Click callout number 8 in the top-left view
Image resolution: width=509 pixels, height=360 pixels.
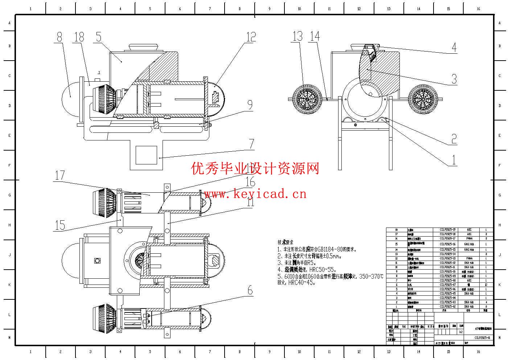(x=59, y=37)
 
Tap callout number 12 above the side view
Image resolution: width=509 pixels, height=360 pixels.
(x=251, y=37)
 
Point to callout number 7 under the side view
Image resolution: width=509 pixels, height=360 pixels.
(x=251, y=144)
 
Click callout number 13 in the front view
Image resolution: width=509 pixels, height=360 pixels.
(x=297, y=36)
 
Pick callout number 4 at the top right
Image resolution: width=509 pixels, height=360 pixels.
(x=453, y=47)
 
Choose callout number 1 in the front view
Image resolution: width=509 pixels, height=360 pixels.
(x=453, y=160)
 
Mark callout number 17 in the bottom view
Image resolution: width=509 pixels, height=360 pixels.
(x=59, y=175)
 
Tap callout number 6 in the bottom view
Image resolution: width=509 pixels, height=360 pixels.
(x=250, y=290)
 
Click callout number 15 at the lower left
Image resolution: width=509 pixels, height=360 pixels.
(x=59, y=225)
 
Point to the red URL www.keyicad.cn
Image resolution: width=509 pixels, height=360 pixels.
(x=255, y=194)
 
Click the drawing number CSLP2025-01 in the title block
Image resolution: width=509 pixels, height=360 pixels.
(x=482, y=337)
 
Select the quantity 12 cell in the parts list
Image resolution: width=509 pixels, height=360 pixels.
(x=486, y=285)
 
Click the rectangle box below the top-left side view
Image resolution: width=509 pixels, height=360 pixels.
(x=146, y=155)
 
